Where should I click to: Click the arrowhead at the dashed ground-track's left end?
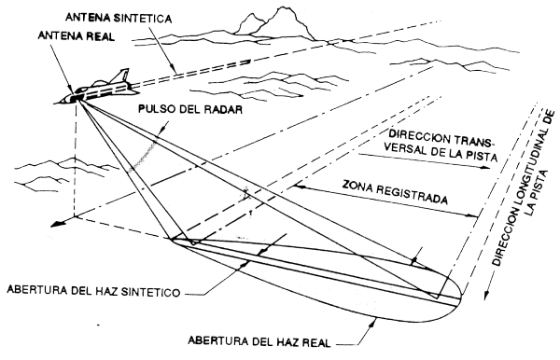point(56,224)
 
